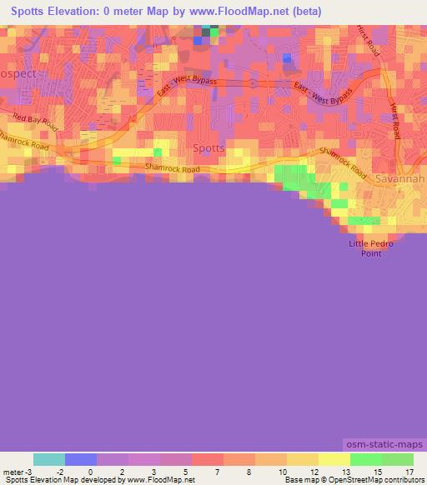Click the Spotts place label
pyautogui.click(x=208, y=147)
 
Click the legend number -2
pyautogui.click(x=59, y=472)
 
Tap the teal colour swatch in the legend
pyautogui.click(x=49, y=459)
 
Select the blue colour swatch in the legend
pyautogui.click(x=81, y=459)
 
